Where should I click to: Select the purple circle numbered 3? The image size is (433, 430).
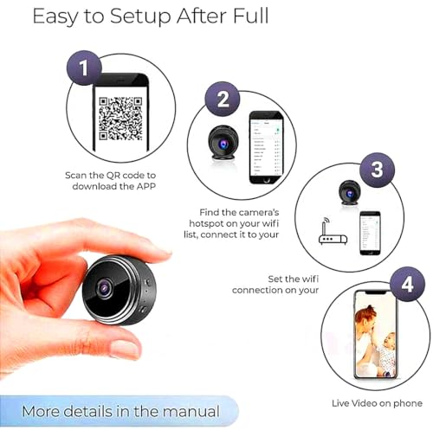pos(377,169)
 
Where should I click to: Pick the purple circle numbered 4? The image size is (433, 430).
pos(406,285)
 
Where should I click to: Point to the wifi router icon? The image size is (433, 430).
pos(333,234)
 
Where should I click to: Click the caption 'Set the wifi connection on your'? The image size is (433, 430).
pos(275,284)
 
